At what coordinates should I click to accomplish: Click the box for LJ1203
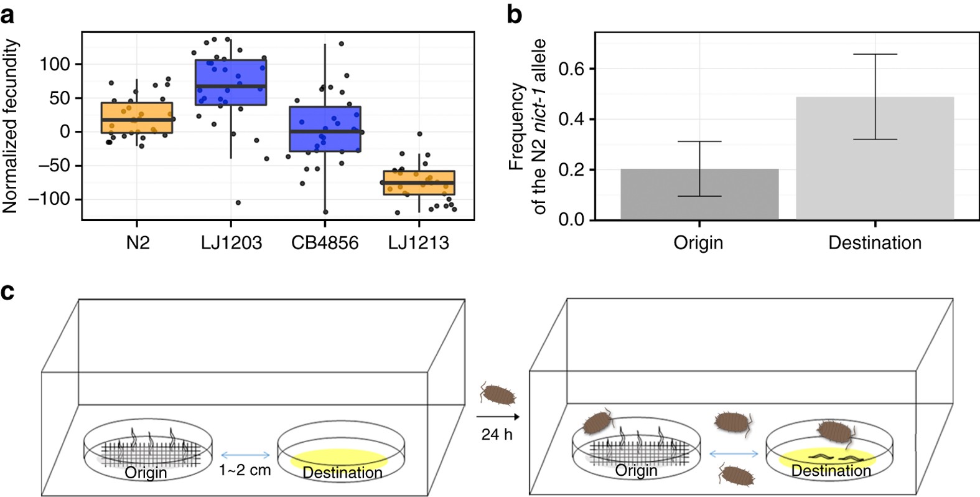point(231,82)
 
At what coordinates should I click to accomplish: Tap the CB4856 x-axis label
point(325,242)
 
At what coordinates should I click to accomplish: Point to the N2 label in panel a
point(138,242)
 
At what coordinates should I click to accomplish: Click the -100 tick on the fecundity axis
point(57,199)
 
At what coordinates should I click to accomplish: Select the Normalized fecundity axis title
point(11,126)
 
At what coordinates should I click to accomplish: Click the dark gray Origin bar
point(699,195)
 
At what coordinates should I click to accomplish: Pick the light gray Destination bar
point(875,159)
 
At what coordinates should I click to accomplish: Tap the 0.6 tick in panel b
point(571,69)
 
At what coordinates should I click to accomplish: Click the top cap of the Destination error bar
point(875,54)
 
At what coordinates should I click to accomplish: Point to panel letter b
point(515,14)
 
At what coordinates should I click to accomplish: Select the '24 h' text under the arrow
point(497,434)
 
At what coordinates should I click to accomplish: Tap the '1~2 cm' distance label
point(245,470)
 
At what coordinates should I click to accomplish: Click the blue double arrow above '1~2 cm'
point(245,454)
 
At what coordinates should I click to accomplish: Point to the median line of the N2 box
point(138,119)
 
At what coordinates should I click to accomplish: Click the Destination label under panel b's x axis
point(875,242)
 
